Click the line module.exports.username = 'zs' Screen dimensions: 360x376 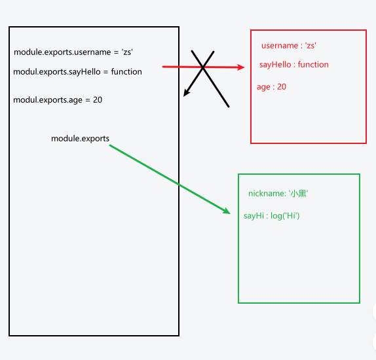[x=77, y=52]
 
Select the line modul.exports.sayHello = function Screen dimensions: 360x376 [x=77, y=72]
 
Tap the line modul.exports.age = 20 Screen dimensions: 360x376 [x=58, y=100]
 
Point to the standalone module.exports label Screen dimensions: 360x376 [x=80, y=139]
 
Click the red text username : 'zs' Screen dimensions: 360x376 [x=289, y=46]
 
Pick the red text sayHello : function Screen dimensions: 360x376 [x=294, y=65]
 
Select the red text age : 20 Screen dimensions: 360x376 [x=271, y=87]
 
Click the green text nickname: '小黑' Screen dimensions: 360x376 [x=278, y=194]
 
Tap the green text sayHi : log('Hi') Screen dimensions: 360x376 [x=271, y=216]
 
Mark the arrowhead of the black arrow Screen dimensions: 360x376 [x=185, y=94]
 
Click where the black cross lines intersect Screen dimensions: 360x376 [x=204, y=67]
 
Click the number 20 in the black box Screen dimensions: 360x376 [x=97, y=100]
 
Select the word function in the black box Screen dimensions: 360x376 [x=126, y=72]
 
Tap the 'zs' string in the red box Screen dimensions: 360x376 [x=311, y=46]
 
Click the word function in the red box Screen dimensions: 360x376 [x=313, y=65]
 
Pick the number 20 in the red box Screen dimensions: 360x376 [x=281, y=87]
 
